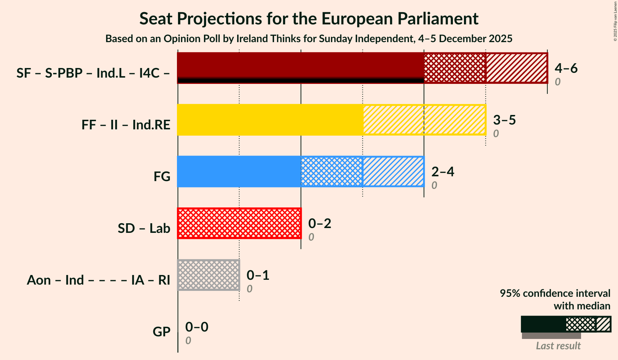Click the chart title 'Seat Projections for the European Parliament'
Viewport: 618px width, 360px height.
[x=309, y=19]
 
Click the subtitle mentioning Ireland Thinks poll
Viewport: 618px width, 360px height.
[x=309, y=39]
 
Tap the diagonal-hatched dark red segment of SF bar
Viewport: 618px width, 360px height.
[x=516, y=68]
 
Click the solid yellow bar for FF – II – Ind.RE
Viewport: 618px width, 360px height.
[x=270, y=120]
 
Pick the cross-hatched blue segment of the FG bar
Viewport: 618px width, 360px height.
[x=332, y=171]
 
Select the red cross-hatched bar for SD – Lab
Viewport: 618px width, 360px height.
[x=239, y=223]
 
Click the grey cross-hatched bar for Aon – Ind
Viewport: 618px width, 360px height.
[x=209, y=275]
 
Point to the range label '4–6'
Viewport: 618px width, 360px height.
[x=566, y=68]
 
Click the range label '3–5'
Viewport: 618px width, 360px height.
[x=504, y=120]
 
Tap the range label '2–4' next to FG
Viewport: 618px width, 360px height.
[x=443, y=171]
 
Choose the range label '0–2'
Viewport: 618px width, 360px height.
[x=320, y=223]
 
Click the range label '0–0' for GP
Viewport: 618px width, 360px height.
[x=197, y=327]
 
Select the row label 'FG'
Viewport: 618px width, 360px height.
[x=162, y=177]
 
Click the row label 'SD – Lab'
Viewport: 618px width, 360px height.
[x=144, y=228]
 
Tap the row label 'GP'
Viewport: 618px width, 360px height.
[x=161, y=332]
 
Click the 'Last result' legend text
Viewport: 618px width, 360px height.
[x=558, y=346]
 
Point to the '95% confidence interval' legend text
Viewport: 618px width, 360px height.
[x=555, y=293]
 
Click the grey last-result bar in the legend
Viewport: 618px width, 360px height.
[x=551, y=336]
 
